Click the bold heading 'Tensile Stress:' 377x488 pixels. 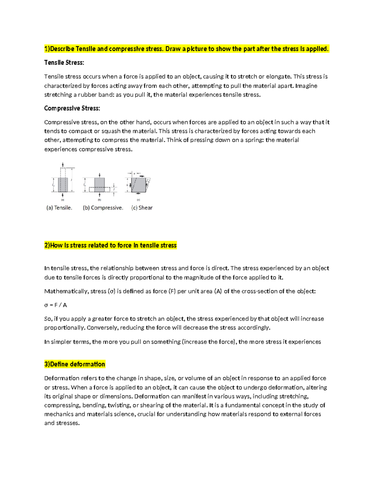tap(64, 63)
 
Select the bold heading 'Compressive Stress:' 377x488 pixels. tap(72, 108)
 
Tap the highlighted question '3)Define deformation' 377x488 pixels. tap(74, 364)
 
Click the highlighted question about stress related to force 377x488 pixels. tap(110, 245)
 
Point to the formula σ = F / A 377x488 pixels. tap(56, 305)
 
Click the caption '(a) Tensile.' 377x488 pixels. tap(59, 208)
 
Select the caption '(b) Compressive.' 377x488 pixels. tap(103, 208)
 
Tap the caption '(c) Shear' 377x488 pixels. tap(142, 208)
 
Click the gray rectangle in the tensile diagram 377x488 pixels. tap(63, 185)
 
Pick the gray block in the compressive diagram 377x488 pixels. tap(100, 185)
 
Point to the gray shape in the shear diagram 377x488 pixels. tap(138, 185)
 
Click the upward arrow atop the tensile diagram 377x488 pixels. tap(63, 164)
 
